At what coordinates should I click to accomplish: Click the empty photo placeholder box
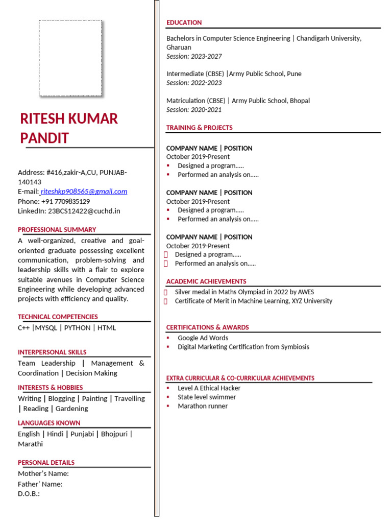tap(70, 58)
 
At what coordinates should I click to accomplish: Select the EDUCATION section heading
tap(184, 22)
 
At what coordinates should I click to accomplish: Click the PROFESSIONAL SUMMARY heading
tap(57, 230)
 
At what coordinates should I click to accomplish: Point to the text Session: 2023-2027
tap(194, 56)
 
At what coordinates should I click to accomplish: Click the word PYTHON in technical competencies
tap(78, 328)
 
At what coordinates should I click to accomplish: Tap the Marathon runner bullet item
tap(203, 406)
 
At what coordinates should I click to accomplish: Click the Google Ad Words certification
tap(203, 338)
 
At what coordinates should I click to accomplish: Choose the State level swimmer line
tap(207, 397)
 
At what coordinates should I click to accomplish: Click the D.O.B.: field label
tap(29, 494)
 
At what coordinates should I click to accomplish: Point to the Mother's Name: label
tap(43, 473)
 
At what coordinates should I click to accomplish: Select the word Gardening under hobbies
tap(71, 409)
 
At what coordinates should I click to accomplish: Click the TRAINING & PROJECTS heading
tap(199, 128)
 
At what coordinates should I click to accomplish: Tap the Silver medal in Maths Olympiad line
tap(244, 292)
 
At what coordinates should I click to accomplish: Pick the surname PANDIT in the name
tap(44, 138)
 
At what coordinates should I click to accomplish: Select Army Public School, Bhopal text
tap(271, 101)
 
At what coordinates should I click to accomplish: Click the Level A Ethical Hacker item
tap(209, 388)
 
